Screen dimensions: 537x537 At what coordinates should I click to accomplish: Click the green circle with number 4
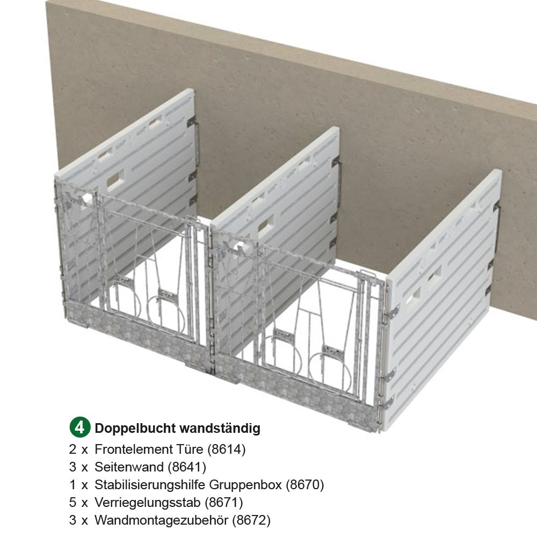pos(79,428)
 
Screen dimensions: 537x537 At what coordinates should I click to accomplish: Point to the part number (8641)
pos(187,467)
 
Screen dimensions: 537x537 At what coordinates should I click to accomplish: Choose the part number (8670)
pos(304,485)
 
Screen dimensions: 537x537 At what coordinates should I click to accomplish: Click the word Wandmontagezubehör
pos(162,520)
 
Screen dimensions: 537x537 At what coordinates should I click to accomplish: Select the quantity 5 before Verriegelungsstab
pos(72,503)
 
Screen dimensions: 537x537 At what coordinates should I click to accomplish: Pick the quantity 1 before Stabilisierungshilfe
pos(72,485)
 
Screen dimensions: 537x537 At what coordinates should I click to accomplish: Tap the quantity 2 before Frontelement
pos(72,449)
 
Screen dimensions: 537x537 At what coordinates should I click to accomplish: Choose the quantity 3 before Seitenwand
pos(72,467)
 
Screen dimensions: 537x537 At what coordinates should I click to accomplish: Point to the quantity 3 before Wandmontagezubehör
pos(72,520)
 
